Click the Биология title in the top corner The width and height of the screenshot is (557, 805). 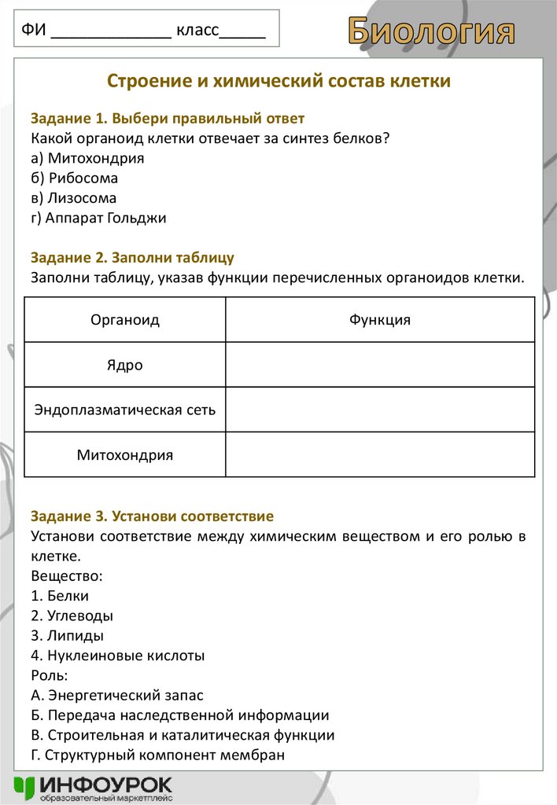coord(432,31)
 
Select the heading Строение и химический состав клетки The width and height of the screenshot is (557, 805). coord(278,81)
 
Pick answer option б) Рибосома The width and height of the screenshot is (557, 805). coord(75,178)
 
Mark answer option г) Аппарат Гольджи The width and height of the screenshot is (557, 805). coord(98,218)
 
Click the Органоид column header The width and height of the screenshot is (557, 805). coord(125,320)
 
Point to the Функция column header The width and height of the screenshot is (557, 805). coord(379,320)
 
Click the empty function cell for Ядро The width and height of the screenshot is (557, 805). coord(379,365)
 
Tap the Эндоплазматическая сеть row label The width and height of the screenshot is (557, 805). coord(125,410)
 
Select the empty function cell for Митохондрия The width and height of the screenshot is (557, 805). coord(379,454)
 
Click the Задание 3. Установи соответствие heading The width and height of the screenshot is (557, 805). coord(152,516)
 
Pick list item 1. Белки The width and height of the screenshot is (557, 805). coord(61,596)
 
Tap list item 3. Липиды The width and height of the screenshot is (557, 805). coord(68,635)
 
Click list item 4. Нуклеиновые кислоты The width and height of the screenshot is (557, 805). coord(118,655)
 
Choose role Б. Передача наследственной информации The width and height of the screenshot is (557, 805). coord(180,715)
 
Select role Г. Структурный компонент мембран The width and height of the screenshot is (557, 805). coord(157,755)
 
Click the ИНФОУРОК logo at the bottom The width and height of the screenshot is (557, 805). coord(93,788)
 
